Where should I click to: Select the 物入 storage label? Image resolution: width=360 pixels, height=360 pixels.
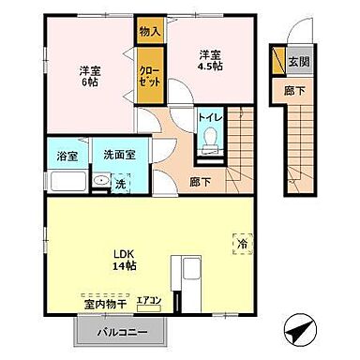(148, 30)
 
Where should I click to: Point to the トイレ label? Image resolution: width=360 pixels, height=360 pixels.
(209, 117)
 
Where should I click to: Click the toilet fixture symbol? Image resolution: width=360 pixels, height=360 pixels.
(210, 141)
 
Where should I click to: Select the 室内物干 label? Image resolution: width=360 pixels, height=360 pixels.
(102, 305)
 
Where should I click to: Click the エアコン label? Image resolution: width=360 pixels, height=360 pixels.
(149, 301)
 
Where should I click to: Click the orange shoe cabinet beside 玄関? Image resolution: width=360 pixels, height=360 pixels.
(280, 61)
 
